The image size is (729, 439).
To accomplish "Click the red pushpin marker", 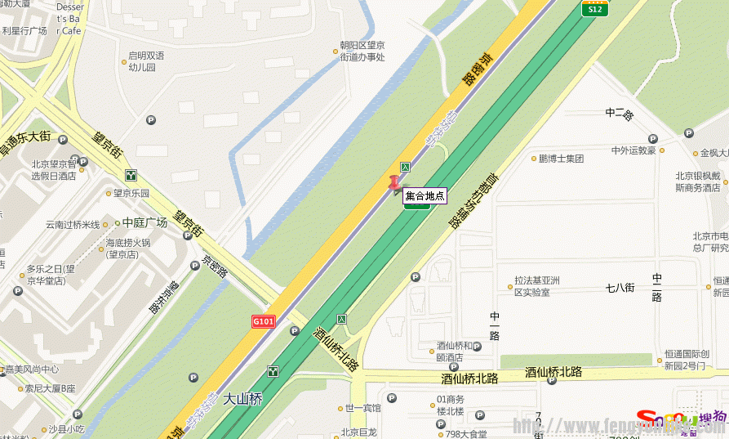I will (395, 183).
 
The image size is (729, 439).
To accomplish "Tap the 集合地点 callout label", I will (425, 196).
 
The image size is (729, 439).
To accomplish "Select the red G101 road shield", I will (264, 322).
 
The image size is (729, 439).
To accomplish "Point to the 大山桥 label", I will (244, 400).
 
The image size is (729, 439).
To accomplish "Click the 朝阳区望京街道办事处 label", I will (362, 52).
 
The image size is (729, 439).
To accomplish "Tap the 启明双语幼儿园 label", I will (146, 61).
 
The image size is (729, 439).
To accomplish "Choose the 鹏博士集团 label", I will (561, 159).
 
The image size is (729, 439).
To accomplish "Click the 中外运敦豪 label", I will (633, 150).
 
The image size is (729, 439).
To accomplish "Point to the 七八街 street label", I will (620, 287).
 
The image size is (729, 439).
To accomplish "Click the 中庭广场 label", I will (144, 222).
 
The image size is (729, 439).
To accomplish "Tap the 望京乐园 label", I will (131, 194).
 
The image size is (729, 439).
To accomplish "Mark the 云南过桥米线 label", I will (72, 225).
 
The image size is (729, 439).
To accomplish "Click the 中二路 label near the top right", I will (620, 114).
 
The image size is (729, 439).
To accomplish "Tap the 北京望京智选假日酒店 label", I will (54, 170).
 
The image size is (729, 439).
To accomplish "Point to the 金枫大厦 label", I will (713, 153).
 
